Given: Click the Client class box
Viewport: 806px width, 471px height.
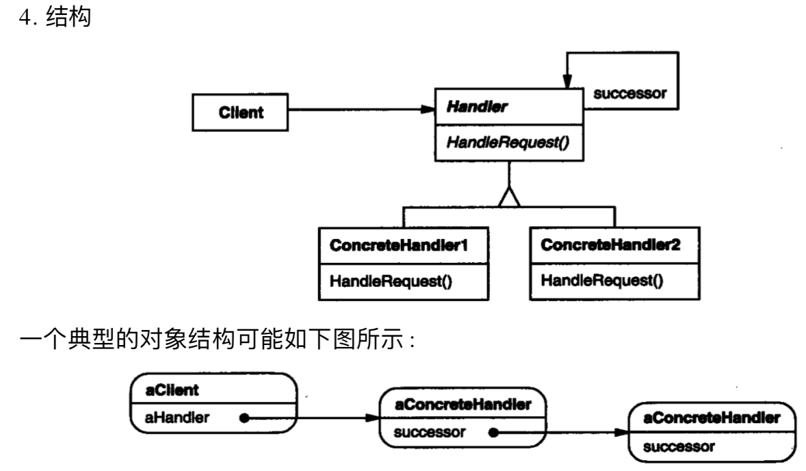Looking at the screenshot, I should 239,113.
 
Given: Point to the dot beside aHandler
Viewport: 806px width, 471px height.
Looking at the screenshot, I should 244,416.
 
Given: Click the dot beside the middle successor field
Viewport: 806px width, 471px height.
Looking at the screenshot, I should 493,433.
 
